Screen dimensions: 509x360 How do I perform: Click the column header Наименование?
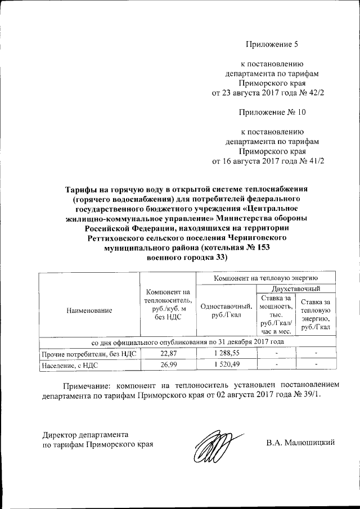(x=88, y=310)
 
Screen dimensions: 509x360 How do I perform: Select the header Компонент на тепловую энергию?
(x=265, y=278)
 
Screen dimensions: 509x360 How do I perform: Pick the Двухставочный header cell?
(x=295, y=289)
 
